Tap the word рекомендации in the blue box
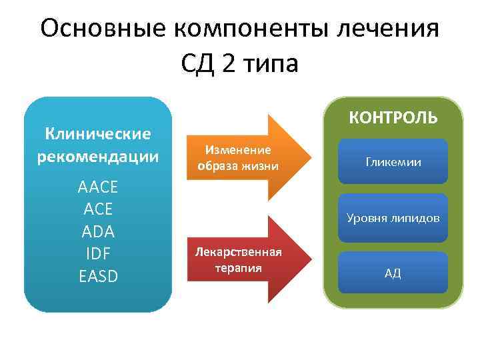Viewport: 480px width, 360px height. [98, 157]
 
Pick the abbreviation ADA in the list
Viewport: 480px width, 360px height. [98, 231]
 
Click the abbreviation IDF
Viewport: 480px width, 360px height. [98, 253]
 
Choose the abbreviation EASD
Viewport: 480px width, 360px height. [98, 275]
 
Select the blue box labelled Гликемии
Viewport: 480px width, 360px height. [393, 161]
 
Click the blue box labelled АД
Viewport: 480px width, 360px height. [393, 273]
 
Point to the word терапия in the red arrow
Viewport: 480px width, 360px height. [238, 267]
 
